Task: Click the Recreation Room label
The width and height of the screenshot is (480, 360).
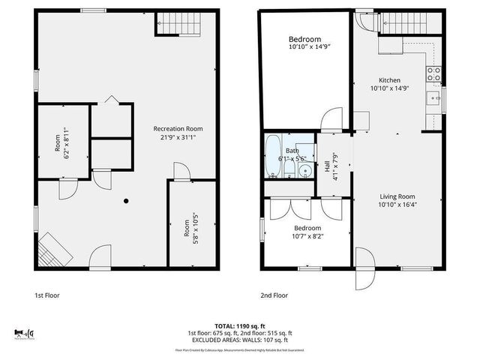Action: point(178,128)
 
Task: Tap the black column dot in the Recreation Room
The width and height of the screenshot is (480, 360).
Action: point(126,200)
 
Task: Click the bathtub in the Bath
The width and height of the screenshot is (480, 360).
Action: point(274,157)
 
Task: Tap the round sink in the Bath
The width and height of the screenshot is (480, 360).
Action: point(304,171)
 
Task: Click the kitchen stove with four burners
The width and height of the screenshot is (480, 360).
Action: point(433,73)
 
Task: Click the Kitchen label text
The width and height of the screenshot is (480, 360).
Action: point(389,80)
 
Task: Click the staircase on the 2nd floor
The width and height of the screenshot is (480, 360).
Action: point(405,25)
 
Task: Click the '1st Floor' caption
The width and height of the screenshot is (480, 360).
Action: point(47,295)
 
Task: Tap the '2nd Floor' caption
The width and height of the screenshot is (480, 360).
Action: point(274,295)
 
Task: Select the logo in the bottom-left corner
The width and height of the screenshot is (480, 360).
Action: point(25,333)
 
